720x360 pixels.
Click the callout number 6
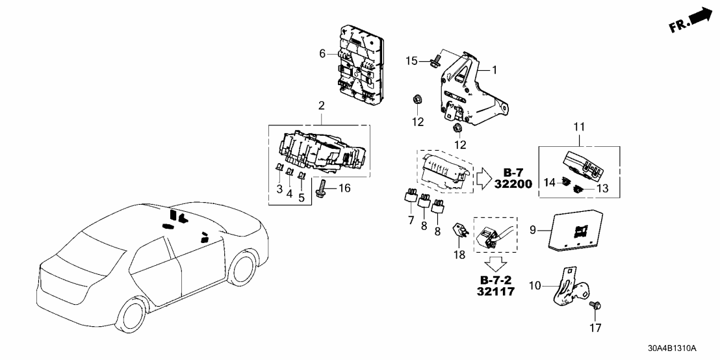click(322, 53)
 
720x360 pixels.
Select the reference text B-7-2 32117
click(498, 286)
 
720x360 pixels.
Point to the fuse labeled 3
click(277, 173)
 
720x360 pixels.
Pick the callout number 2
click(321, 105)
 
